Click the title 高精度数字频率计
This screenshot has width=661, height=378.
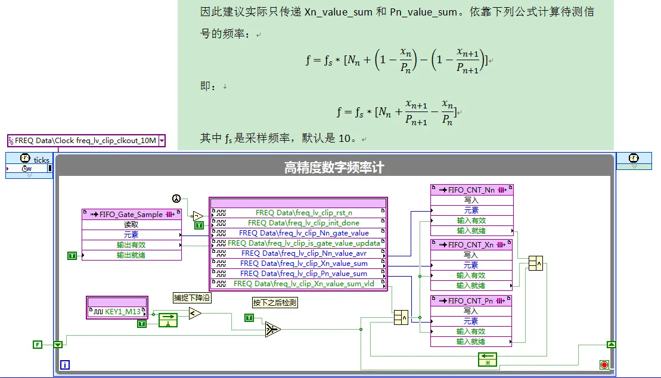334,168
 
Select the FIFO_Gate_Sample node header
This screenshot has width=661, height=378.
132,214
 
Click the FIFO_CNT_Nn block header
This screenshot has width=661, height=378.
471,190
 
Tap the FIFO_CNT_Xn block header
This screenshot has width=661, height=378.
471,244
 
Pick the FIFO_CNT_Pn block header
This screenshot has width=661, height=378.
471,301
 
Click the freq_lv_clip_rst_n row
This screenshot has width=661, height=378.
299,213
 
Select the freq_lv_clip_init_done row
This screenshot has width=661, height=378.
299,223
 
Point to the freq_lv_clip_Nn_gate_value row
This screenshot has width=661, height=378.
299,233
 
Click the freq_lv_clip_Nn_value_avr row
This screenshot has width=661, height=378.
299,253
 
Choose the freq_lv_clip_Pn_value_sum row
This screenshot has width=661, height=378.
299,274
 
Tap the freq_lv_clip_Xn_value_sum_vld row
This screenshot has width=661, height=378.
299,284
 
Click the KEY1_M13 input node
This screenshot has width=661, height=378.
117,312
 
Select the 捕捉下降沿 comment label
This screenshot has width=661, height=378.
192,298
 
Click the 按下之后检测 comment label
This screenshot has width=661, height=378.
275,302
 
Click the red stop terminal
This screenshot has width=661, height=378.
604,364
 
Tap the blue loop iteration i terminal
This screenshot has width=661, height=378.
65,364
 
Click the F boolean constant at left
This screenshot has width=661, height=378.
38,345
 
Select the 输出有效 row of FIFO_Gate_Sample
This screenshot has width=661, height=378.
132,244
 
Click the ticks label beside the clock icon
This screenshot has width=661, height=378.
41,160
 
